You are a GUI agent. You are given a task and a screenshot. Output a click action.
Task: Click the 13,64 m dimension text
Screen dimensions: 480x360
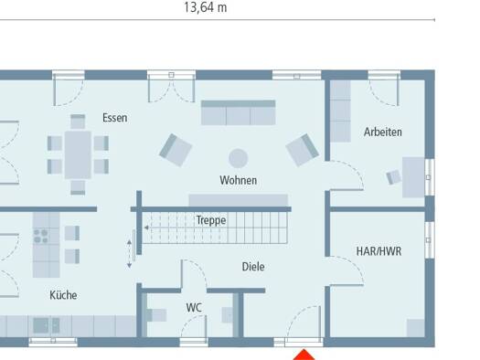206,7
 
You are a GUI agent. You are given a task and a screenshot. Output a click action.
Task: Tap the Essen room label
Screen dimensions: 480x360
115,118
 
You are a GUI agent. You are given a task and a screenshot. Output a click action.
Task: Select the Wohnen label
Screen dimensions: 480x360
238,180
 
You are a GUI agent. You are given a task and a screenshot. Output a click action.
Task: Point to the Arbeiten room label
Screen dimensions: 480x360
383,132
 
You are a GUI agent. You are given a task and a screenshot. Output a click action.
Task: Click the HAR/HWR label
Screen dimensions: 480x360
379,251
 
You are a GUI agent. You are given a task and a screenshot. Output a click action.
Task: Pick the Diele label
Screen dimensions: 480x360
253,267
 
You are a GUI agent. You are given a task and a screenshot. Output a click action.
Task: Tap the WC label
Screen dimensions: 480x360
194,308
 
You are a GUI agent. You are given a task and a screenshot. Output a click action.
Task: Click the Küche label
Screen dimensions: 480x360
63,295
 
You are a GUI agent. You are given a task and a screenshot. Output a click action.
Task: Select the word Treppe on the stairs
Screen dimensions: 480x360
211,220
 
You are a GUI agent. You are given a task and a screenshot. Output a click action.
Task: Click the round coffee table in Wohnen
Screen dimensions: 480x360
238,158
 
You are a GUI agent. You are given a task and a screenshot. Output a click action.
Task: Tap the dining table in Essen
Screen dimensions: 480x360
78,154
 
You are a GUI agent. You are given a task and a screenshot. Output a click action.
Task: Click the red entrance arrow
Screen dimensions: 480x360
304,355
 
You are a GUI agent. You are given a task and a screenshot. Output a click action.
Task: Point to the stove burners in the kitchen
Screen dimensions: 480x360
41,236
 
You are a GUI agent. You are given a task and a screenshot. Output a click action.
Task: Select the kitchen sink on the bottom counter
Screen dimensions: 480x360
47,325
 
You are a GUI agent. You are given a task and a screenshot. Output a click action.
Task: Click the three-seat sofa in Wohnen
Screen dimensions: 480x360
238,112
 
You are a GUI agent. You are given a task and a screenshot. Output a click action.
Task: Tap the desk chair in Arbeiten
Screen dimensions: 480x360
394,176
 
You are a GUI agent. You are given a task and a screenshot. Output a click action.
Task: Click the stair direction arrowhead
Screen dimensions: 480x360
146,228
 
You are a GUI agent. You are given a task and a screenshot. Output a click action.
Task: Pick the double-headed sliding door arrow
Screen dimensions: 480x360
129,254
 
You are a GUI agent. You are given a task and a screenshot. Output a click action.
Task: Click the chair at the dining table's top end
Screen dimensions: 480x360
78,122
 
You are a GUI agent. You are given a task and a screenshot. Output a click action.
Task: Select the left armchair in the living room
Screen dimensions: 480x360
176,150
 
